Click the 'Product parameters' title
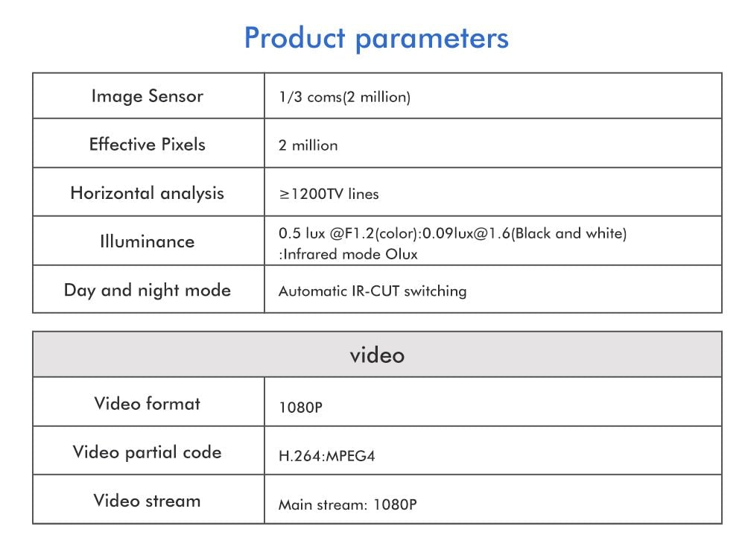(376, 38)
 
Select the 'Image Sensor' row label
(147, 96)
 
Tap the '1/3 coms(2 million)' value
(344, 98)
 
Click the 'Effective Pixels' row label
(147, 145)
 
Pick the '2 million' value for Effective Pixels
(308, 146)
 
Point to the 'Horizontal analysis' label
(147, 194)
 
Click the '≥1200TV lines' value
(329, 194)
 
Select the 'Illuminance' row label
(147, 241)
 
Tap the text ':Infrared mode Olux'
(348, 254)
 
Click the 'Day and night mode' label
(147, 290)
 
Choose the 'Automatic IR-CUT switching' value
(372, 291)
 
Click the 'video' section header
(377, 355)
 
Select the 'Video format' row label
(147, 404)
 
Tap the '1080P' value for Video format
(300, 408)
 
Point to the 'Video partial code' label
(147, 452)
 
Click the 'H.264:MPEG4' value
(326, 456)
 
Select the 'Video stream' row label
(147, 501)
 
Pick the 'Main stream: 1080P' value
(347, 505)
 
